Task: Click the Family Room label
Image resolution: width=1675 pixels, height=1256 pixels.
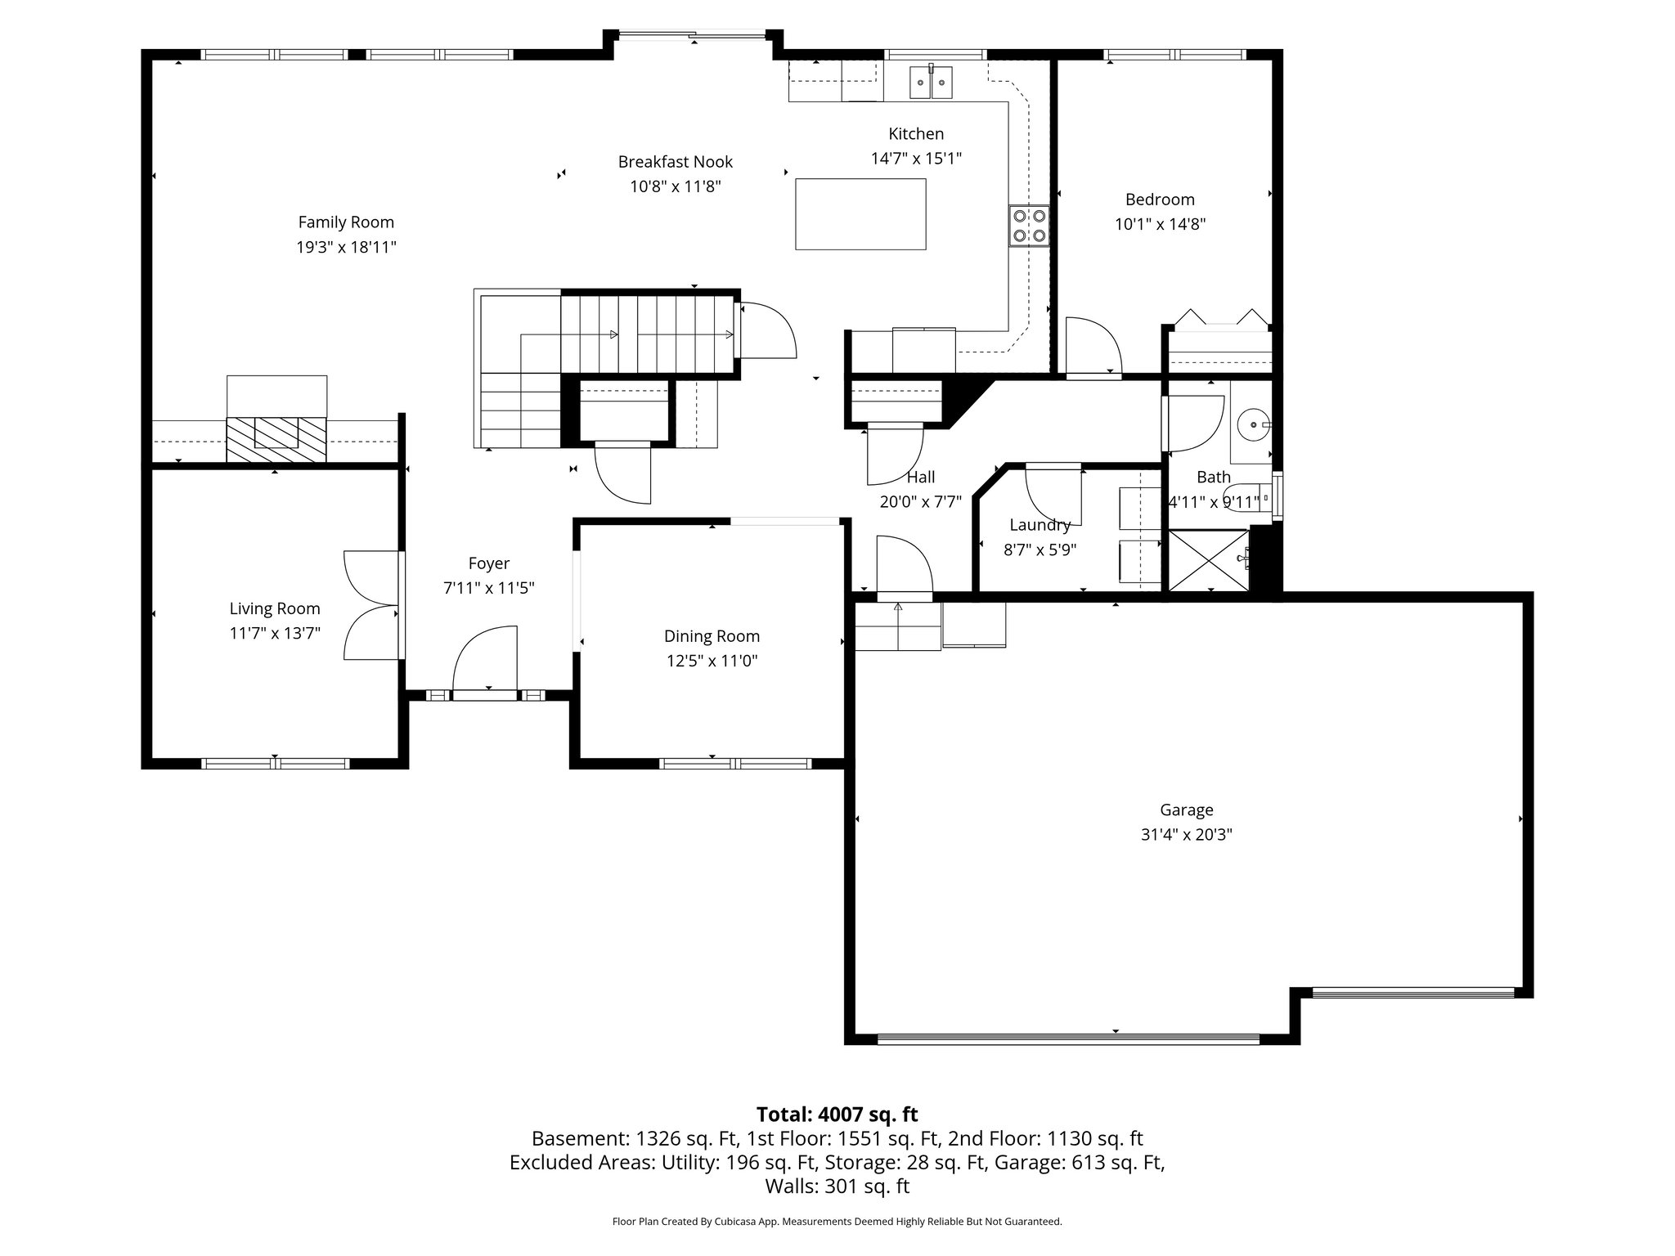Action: [346, 222]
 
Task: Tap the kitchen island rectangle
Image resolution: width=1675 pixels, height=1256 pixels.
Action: [860, 213]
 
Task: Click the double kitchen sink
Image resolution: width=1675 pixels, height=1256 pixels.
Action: [932, 83]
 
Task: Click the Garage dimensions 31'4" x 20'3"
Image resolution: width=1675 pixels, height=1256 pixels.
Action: [1186, 835]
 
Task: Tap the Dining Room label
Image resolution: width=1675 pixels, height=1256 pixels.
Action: [712, 636]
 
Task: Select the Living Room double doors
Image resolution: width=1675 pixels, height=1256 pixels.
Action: [372, 605]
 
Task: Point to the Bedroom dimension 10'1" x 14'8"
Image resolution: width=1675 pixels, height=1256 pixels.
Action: [1160, 224]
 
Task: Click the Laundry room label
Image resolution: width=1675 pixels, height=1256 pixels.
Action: [1040, 526]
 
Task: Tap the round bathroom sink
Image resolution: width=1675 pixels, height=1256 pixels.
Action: [1251, 425]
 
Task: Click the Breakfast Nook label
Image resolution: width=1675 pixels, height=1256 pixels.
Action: [675, 162]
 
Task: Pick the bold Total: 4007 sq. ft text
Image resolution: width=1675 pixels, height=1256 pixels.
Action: [837, 1115]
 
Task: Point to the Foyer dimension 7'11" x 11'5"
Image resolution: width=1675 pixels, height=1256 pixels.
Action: [489, 588]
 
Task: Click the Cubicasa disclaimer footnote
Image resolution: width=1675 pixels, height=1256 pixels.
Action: [837, 1222]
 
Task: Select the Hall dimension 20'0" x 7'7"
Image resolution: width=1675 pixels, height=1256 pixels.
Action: [920, 502]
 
